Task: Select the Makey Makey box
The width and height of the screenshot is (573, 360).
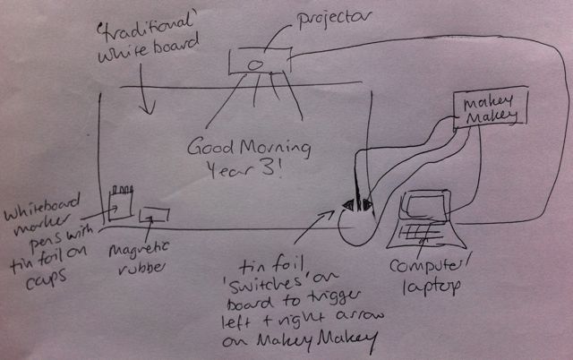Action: (x=489, y=110)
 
